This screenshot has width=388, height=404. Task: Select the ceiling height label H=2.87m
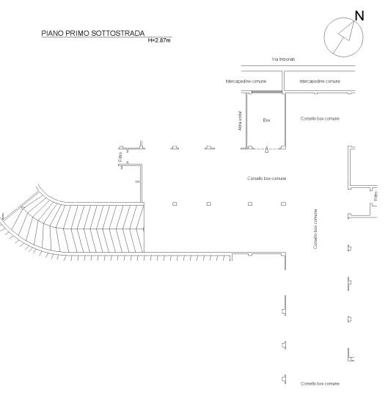coord(159,40)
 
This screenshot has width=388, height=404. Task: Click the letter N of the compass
coord(359,16)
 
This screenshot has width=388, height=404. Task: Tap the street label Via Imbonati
coord(283,59)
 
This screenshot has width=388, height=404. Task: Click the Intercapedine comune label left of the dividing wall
coord(246,82)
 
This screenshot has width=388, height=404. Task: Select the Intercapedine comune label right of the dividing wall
coord(320,82)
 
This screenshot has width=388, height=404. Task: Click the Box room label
coord(267,120)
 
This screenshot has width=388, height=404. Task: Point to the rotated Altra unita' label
coord(240,121)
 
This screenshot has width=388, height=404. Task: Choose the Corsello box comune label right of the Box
coord(320,119)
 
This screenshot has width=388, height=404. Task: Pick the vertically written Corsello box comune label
coord(315,229)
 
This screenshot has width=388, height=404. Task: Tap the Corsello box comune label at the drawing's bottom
coord(320,383)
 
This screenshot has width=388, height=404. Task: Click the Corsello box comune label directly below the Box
coord(267,178)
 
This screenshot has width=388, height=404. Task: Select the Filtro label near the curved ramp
coord(120,156)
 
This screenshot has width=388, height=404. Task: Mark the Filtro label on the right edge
coord(376,196)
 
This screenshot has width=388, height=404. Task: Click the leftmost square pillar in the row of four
coord(175,203)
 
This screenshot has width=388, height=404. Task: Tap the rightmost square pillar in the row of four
coord(283,203)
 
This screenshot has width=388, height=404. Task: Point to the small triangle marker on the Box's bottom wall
coord(266,149)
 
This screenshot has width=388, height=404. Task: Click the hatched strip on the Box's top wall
coord(266,92)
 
